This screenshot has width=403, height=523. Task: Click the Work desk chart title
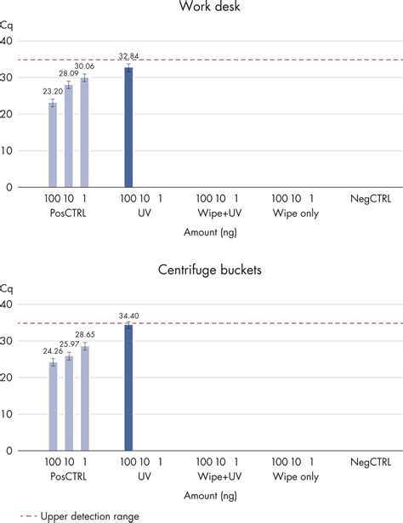click(210, 6)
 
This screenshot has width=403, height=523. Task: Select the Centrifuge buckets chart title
click(210, 270)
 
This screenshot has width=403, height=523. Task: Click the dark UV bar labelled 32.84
click(128, 127)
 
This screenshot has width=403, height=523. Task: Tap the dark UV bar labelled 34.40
click(128, 388)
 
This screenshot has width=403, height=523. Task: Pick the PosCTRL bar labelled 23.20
click(53, 145)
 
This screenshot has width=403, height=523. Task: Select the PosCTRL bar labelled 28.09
click(69, 136)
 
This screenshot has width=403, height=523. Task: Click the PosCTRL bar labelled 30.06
click(85, 133)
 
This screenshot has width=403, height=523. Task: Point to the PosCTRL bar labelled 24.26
click(53, 406)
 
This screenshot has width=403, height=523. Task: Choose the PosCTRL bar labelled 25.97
click(69, 403)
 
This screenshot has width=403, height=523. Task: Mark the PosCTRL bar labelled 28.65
click(85, 398)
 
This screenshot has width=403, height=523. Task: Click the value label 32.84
click(128, 56)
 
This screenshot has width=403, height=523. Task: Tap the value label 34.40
click(128, 316)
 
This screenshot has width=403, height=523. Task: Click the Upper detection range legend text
click(89, 517)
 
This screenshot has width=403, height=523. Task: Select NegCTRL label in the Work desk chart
click(371, 199)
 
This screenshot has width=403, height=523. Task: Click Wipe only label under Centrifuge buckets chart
click(296, 476)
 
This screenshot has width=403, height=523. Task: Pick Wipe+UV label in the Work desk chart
click(219, 213)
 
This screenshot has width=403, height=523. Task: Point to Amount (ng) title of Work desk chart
click(210, 232)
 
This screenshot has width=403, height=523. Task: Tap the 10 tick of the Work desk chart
click(6, 151)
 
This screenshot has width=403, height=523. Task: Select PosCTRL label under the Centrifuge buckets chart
click(68, 476)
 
